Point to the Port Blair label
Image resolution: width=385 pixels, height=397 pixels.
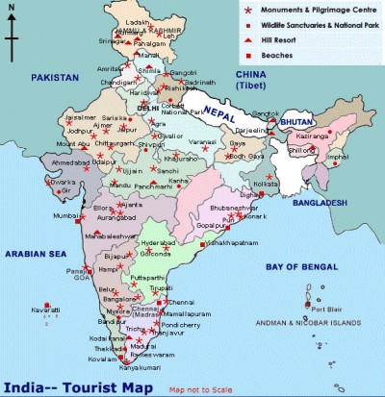(x=327, y=309)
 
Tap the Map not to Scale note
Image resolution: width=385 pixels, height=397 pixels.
(x=203, y=390)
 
